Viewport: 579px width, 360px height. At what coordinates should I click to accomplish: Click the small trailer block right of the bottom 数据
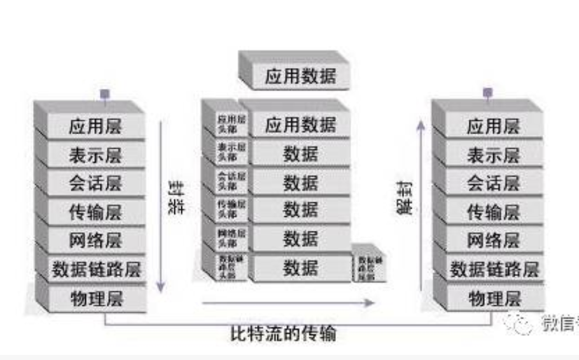pyautogui.click(x=369, y=268)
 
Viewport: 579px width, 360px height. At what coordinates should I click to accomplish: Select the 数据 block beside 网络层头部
pyautogui.click(x=300, y=239)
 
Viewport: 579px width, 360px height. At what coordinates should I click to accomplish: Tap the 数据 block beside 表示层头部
pyautogui.click(x=300, y=153)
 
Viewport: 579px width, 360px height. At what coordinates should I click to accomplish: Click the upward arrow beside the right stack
pyautogui.click(x=421, y=204)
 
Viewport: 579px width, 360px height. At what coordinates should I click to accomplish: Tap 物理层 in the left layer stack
pyautogui.click(x=95, y=298)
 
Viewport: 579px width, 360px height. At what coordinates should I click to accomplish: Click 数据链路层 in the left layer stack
pyautogui.click(x=95, y=269)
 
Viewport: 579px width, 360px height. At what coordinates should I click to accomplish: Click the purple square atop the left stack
pyautogui.click(x=105, y=93)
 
